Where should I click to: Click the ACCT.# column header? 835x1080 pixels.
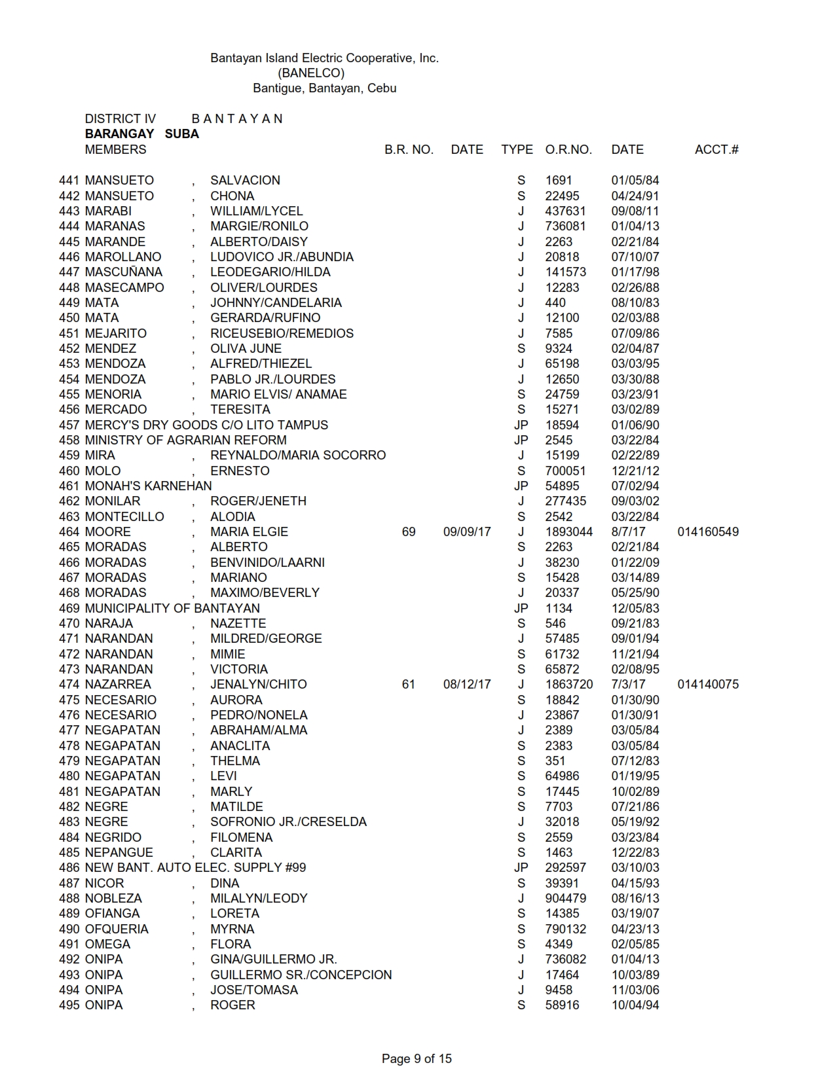pos(716,150)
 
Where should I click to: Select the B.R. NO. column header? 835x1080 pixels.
pos(409,150)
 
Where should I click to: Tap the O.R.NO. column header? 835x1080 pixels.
pos(568,150)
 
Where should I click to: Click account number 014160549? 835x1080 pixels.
pos(707,532)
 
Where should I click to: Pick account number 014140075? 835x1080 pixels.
pos(707,685)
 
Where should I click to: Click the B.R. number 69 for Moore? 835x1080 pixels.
pos(409,532)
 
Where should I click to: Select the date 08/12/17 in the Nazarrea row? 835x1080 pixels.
pos(466,685)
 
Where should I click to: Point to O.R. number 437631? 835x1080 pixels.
pos(565,211)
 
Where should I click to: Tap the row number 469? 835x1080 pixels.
pos(69,609)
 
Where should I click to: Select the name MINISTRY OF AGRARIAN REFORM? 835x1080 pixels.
pos(185,441)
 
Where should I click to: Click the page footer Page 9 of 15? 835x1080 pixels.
pos(417,1058)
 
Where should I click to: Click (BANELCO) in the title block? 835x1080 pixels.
pos(311,73)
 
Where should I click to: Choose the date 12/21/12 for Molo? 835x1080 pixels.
pos(635,471)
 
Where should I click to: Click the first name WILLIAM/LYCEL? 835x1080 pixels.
pos(256,211)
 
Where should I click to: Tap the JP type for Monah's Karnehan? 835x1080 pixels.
pos(521,486)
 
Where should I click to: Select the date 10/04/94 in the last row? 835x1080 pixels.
pos(635,1005)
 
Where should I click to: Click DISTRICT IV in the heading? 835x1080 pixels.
pos(120,119)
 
